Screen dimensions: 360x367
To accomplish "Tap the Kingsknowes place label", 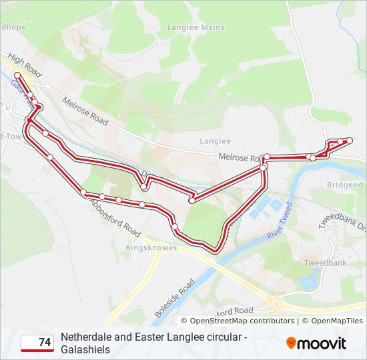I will pos(151,247).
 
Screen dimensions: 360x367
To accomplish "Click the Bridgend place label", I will pos(345,185).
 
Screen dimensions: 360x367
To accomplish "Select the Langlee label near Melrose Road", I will pos(215,141).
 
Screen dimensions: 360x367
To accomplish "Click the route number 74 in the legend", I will pos(45,342).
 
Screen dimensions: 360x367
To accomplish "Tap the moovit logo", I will pos(316,343).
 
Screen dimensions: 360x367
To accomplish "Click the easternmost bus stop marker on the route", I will pos(349,140).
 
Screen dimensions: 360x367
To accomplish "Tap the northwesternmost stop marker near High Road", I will pos(17,75).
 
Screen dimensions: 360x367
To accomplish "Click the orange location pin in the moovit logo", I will pos(292,343).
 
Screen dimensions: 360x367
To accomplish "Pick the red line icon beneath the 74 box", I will pos(37,351).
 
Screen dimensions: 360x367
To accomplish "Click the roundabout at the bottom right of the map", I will pos(276,304).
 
